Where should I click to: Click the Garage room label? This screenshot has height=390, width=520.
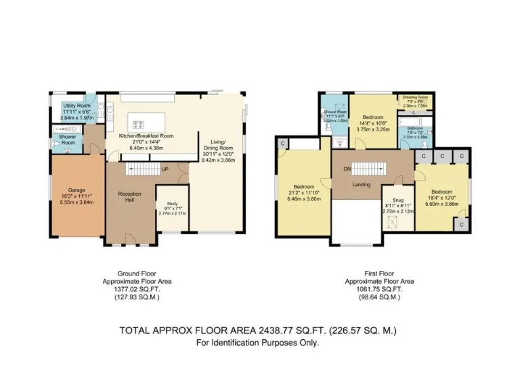(x=77, y=190)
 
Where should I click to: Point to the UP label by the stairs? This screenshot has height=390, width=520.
(x=165, y=169)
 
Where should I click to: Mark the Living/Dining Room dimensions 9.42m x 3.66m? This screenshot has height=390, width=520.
(x=218, y=160)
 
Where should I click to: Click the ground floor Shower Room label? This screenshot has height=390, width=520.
(x=66, y=139)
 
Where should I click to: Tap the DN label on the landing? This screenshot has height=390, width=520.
(x=347, y=169)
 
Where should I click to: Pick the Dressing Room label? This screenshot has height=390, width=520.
(x=416, y=98)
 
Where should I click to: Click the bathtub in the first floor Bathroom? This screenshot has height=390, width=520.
(x=415, y=120)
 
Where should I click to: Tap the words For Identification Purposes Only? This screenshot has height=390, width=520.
(x=257, y=343)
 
